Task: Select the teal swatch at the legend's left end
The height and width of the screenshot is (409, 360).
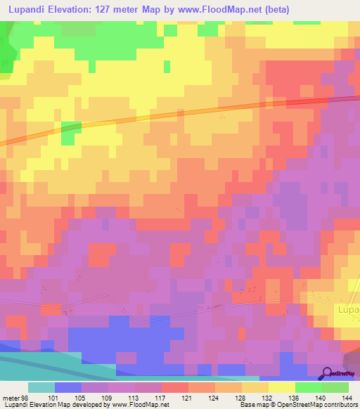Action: coord(41,387)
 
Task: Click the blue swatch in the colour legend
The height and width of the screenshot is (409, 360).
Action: coord(68,387)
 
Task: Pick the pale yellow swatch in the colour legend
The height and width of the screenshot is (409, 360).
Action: coord(281,387)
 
